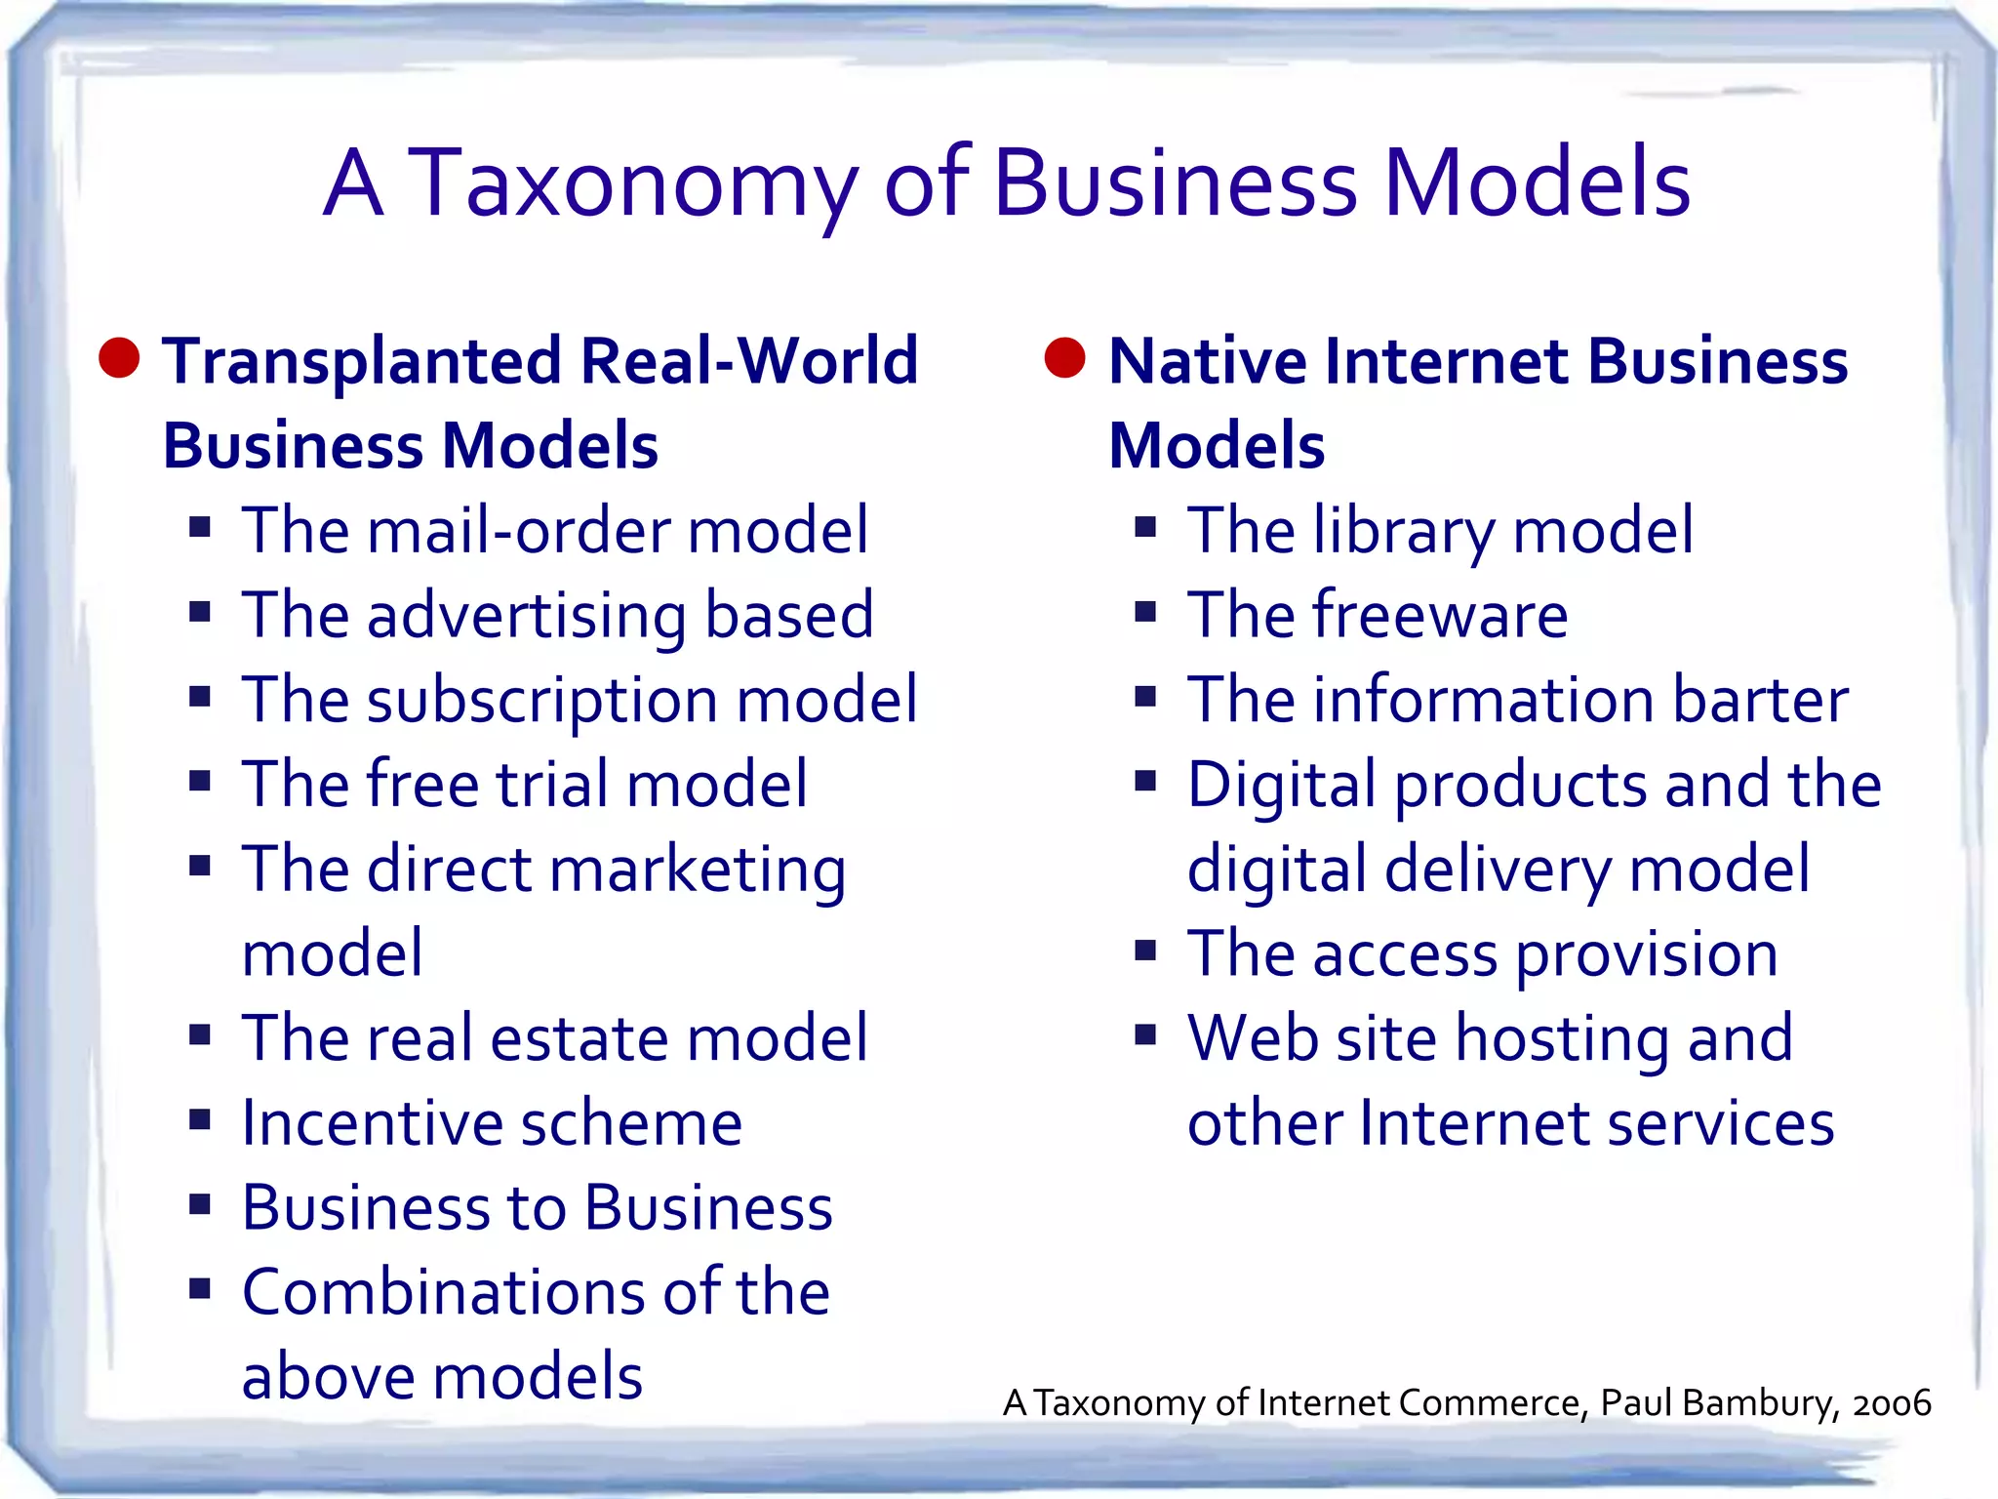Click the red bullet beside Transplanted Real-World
coord(120,358)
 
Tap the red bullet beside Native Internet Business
coord(1065,358)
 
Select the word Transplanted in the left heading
coord(362,362)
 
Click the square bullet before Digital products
coord(1145,781)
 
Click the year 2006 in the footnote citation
coord(1892,1403)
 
